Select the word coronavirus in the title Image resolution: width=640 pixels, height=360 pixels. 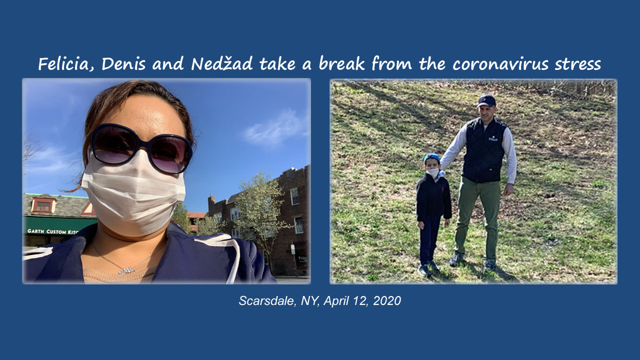[500, 63]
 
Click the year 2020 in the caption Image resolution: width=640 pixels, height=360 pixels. [387, 300]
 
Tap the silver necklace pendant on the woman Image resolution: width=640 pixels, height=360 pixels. [127, 270]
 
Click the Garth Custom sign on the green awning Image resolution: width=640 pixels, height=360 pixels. [52, 231]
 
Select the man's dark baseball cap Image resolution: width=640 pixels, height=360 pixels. [486, 101]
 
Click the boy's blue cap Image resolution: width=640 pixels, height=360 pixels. [431, 157]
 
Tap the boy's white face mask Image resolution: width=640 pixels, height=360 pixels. [433, 172]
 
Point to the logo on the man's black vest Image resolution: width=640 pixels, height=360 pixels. [493, 139]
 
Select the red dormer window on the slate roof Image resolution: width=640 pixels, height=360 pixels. [43, 204]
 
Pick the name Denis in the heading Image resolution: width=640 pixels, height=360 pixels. [123, 63]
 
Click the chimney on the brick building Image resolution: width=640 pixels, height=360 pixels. [211, 201]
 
